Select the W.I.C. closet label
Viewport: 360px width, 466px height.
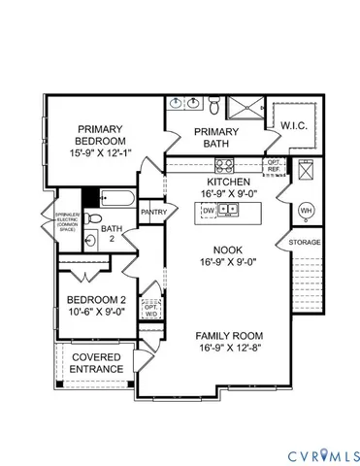click(294, 125)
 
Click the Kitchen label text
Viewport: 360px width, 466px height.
click(229, 182)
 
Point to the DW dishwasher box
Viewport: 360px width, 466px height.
click(209, 212)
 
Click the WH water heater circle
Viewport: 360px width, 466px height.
click(307, 210)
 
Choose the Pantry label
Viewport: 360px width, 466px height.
click(153, 211)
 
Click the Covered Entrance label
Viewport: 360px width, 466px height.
click(96, 362)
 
